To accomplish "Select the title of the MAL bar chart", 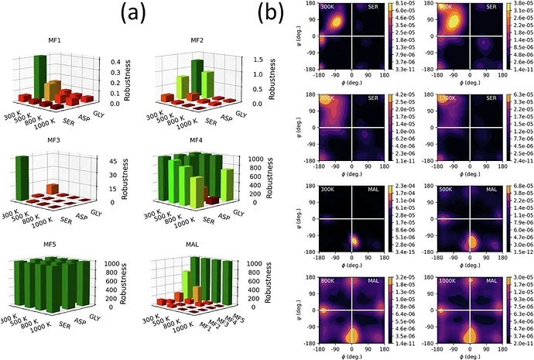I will pyautogui.click(x=204, y=243).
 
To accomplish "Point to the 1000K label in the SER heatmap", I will pyautogui.click(x=441, y=98).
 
